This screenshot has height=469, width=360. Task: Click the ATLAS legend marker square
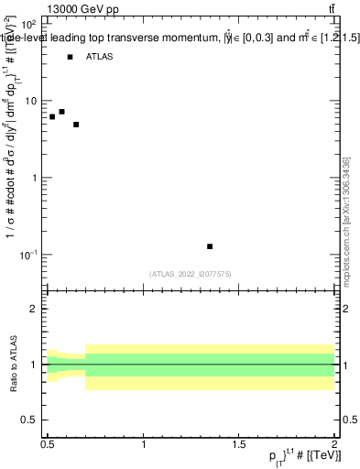70,57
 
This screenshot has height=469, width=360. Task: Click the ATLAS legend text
100,57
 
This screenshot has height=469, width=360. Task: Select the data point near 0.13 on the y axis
210,246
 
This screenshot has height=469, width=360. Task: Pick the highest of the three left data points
61,112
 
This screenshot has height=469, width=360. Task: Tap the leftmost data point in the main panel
52,117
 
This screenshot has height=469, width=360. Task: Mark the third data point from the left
76,125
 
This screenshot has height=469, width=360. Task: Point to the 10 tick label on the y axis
32,101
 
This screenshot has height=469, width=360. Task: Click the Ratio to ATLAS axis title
12,365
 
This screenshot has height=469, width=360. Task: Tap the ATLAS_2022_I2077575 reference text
191,274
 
